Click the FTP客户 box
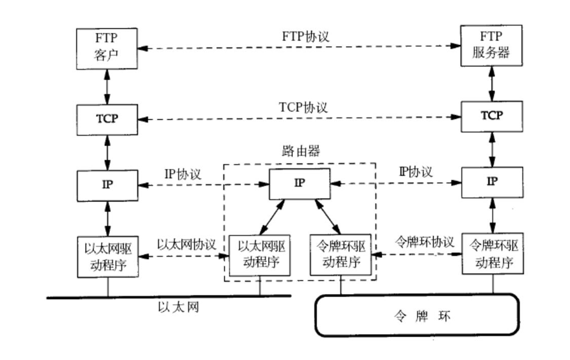click(x=107, y=50)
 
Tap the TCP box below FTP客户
click(x=107, y=118)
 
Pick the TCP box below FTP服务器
click(x=491, y=116)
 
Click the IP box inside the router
click(x=300, y=183)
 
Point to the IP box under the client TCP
click(x=107, y=184)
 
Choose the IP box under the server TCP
click(x=491, y=181)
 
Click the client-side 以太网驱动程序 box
click(x=107, y=255)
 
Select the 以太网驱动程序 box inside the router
click(x=260, y=254)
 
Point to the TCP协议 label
click(x=303, y=107)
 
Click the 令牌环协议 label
click(x=424, y=242)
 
